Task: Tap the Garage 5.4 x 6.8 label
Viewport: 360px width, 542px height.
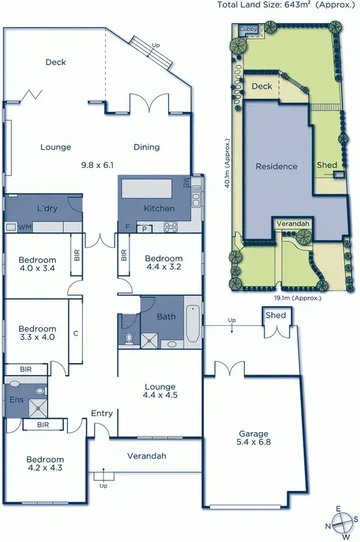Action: [253, 438]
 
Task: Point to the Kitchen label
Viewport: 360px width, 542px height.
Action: [159, 209]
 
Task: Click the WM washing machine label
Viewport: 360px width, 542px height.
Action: [25, 227]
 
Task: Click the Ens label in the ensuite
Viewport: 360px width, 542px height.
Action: [16, 400]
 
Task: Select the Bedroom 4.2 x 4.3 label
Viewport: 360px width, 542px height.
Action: [45, 464]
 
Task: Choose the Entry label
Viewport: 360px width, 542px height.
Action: [102, 413]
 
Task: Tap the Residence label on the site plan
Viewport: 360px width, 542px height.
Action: [276, 166]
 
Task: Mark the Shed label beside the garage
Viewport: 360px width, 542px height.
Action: [275, 316]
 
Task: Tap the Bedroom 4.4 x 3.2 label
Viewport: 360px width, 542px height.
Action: [163, 263]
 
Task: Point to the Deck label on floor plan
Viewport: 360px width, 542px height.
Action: [56, 62]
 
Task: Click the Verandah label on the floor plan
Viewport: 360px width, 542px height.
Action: [146, 456]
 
